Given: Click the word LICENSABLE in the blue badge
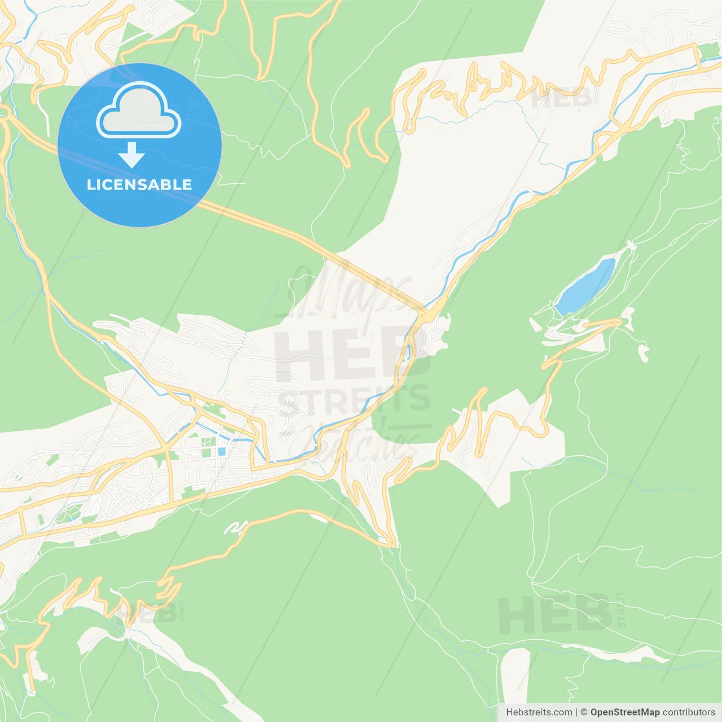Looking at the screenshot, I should click(139, 184).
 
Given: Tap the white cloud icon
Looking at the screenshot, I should click(139, 111).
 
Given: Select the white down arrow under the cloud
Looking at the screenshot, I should click(131, 155).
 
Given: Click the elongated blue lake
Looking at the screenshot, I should click(584, 287).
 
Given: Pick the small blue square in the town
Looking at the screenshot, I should click(222, 452).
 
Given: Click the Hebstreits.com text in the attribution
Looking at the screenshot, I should click(539, 712).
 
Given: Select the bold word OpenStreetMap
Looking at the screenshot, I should click(624, 712).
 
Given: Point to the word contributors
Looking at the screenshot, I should click(689, 712).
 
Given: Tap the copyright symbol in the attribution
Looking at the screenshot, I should click(584, 712).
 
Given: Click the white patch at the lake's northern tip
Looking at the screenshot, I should click(630, 245).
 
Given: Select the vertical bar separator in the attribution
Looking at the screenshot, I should click(576, 712).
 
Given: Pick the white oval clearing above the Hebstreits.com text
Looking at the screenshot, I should click(514, 674).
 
